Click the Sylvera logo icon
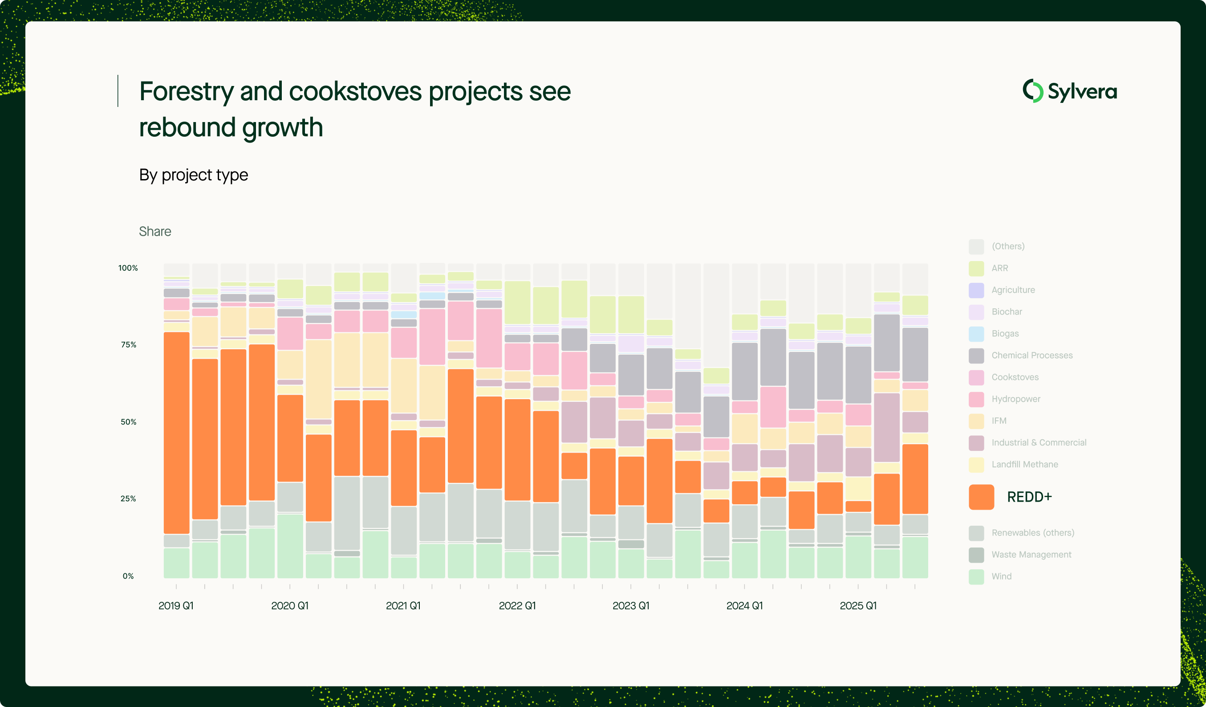[x=1033, y=91]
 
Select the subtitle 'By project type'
[x=193, y=175]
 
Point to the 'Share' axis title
[x=154, y=231]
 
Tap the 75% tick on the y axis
[x=128, y=345]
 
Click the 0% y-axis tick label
[x=128, y=576]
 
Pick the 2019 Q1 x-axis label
[x=176, y=605]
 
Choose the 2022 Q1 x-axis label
[x=517, y=605]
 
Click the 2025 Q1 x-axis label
[x=858, y=605]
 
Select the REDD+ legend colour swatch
[x=981, y=497]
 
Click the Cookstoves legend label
[x=1015, y=377]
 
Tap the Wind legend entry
[x=1001, y=576]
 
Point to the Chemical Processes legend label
[x=1032, y=356]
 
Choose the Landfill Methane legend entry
[x=1025, y=464]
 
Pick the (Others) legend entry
[x=1008, y=246]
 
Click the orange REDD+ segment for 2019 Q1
[x=176, y=433]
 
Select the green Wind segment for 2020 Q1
[x=290, y=546]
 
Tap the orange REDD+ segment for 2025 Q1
[x=858, y=506]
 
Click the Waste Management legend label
[x=1031, y=554]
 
